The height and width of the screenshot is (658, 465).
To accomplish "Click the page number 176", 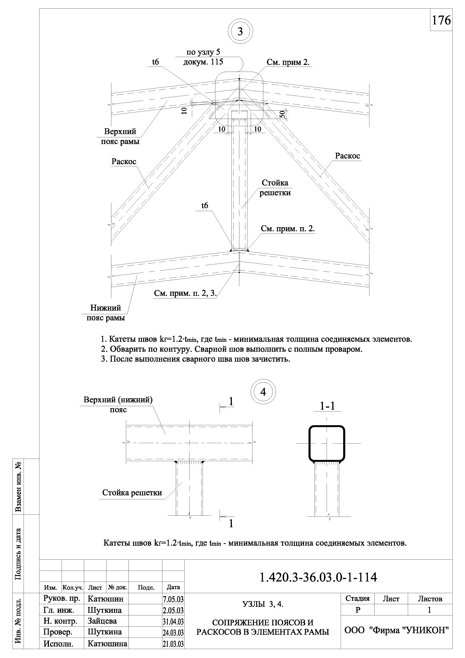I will point(441,20).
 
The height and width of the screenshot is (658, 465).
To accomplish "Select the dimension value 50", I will point(282,114).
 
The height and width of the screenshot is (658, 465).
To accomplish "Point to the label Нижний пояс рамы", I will point(106,313).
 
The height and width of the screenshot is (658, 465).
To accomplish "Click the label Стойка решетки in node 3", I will point(275,188).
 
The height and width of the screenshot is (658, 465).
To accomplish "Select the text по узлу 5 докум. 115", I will point(203,57).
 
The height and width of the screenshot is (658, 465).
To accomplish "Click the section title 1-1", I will point(327,406).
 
